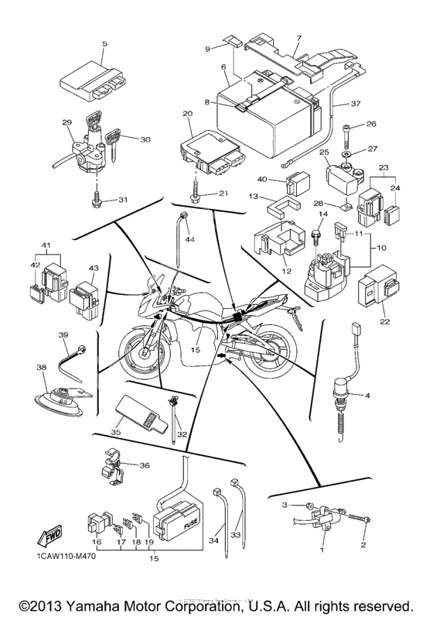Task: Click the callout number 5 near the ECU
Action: pyautogui.click(x=104, y=44)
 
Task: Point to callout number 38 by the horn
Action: pyautogui.click(x=42, y=368)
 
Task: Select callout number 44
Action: pyautogui.click(x=189, y=241)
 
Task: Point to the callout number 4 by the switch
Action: pyautogui.click(x=368, y=396)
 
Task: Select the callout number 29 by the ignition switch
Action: pyautogui.click(x=66, y=123)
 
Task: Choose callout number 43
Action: pyautogui.click(x=94, y=269)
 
